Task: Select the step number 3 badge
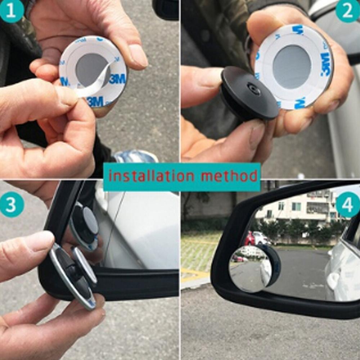pyautogui.click(x=12, y=205)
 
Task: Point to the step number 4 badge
pyautogui.click(x=347, y=205)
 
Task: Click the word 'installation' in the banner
pyautogui.click(x=151, y=176)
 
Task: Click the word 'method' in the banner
pyautogui.click(x=229, y=176)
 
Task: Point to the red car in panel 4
pyautogui.click(x=249, y=238)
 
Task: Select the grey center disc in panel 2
pyautogui.click(x=292, y=67)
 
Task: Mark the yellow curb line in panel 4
pyautogui.click(x=194, y=275)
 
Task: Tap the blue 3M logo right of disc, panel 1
pyautogui.click(x=117, y=78)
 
